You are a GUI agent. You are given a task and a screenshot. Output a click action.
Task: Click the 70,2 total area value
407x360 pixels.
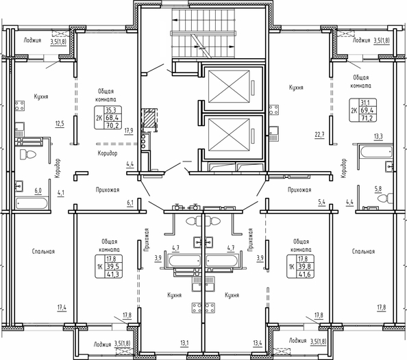click(x=112, y=125)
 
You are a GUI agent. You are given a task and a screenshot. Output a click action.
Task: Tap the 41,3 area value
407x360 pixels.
click(x=112, y=274)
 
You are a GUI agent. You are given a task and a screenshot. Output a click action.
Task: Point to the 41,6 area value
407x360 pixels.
click(x=304, y=274)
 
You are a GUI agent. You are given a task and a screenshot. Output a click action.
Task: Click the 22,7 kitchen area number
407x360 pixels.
click(x=319, y=135)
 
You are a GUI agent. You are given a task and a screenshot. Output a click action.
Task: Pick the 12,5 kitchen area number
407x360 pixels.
click(x=60, y=123)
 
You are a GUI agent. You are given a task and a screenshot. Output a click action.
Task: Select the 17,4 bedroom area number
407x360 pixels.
click(x=62, y=308)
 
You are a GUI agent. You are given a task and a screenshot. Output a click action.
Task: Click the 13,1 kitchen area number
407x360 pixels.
click(x=184, y=344)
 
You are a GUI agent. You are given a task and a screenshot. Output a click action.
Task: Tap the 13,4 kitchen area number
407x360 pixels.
click(x=258, y=344)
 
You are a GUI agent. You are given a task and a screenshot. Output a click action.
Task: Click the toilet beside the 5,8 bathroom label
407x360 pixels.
click(x=385, y=198)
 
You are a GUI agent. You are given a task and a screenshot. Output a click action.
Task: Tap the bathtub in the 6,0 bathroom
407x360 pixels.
click(x=32, y=203)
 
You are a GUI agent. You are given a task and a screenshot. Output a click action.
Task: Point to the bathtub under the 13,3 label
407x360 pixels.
click(x=376, y=152)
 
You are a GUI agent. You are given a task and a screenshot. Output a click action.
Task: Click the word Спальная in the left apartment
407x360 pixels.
click(x=43, y=251)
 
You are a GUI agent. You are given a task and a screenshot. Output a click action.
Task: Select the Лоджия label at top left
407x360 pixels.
click(x=32, y=40)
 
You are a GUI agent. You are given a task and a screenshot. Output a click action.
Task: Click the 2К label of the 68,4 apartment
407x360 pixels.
click(x=99, y=118)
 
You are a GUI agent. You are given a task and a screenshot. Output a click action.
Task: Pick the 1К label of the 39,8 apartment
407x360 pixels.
click(x=291, y=266)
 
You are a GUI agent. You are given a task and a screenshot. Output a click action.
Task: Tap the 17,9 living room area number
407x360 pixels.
click(x=129, y=131)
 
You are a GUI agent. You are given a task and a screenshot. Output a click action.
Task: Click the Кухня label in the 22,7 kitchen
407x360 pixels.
click(x=296, y=88)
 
